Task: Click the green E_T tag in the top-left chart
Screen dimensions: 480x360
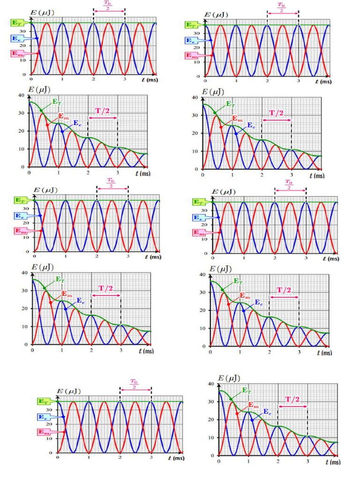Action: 17,22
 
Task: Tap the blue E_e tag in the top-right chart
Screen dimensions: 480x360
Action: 190,41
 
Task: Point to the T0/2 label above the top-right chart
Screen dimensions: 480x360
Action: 281,8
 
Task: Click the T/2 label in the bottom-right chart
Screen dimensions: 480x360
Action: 293,399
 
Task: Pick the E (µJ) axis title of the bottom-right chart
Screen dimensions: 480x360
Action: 227,378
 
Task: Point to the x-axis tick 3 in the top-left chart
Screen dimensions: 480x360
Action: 125,79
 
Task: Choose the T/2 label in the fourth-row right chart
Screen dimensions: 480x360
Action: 284,290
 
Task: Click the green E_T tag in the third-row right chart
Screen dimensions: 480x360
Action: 199,202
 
